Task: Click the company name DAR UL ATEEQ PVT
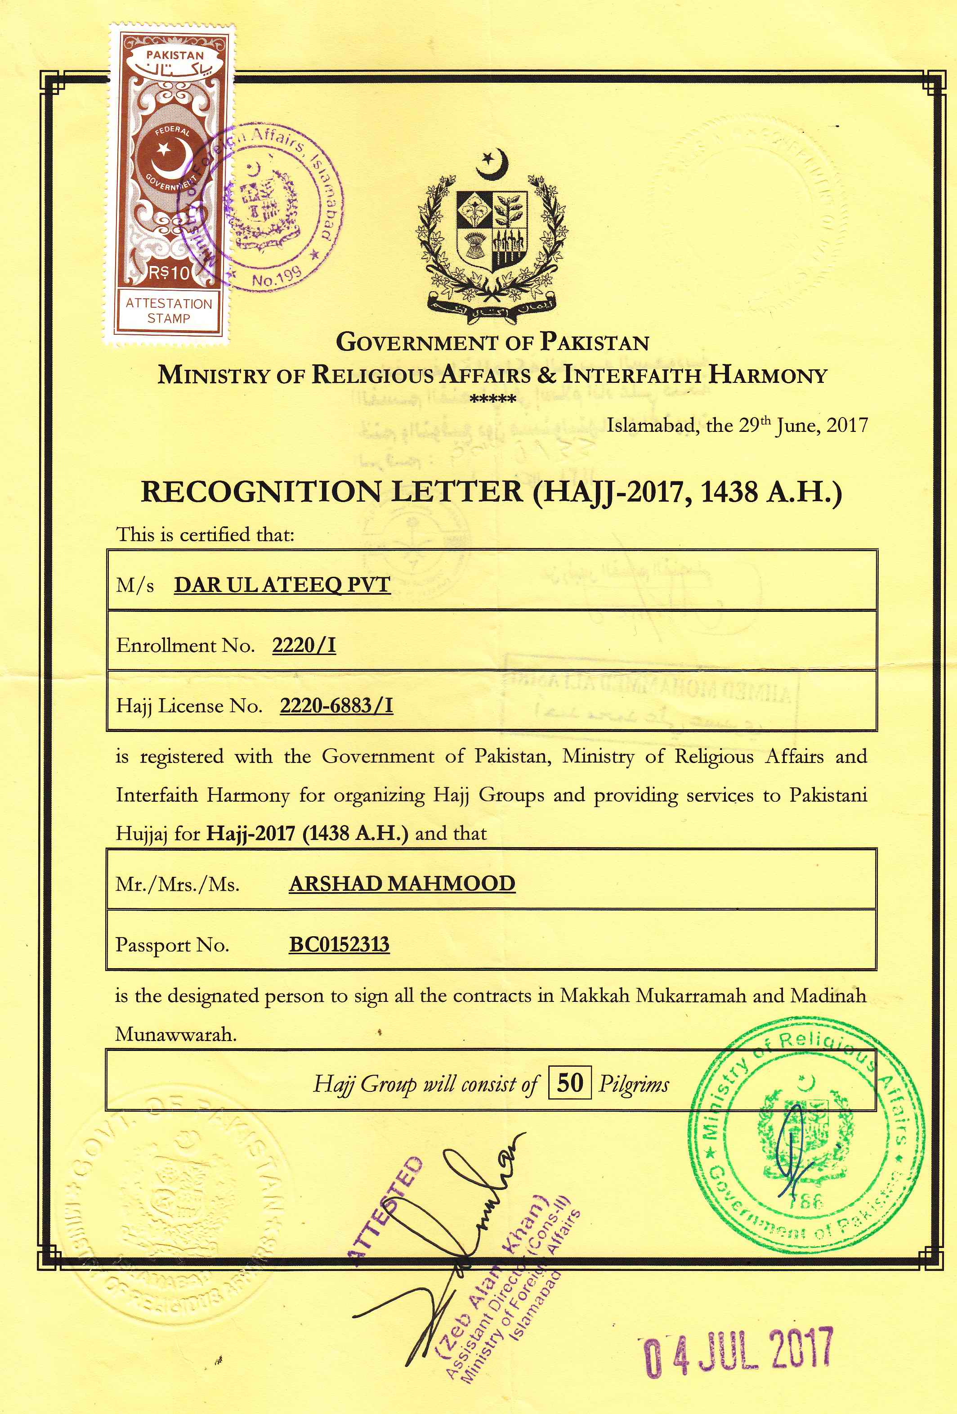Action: (x=282, y=585)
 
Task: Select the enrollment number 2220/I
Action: (x=304, y=645)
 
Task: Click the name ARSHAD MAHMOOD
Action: (x=402, y=884)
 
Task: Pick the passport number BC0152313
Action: (x=339, y=944)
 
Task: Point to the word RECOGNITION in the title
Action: (x=262, y=492)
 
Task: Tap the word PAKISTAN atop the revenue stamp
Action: (x=174, y=55)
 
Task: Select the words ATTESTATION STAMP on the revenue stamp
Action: (x=169, y=310)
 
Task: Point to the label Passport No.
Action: (x=172, y=945)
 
